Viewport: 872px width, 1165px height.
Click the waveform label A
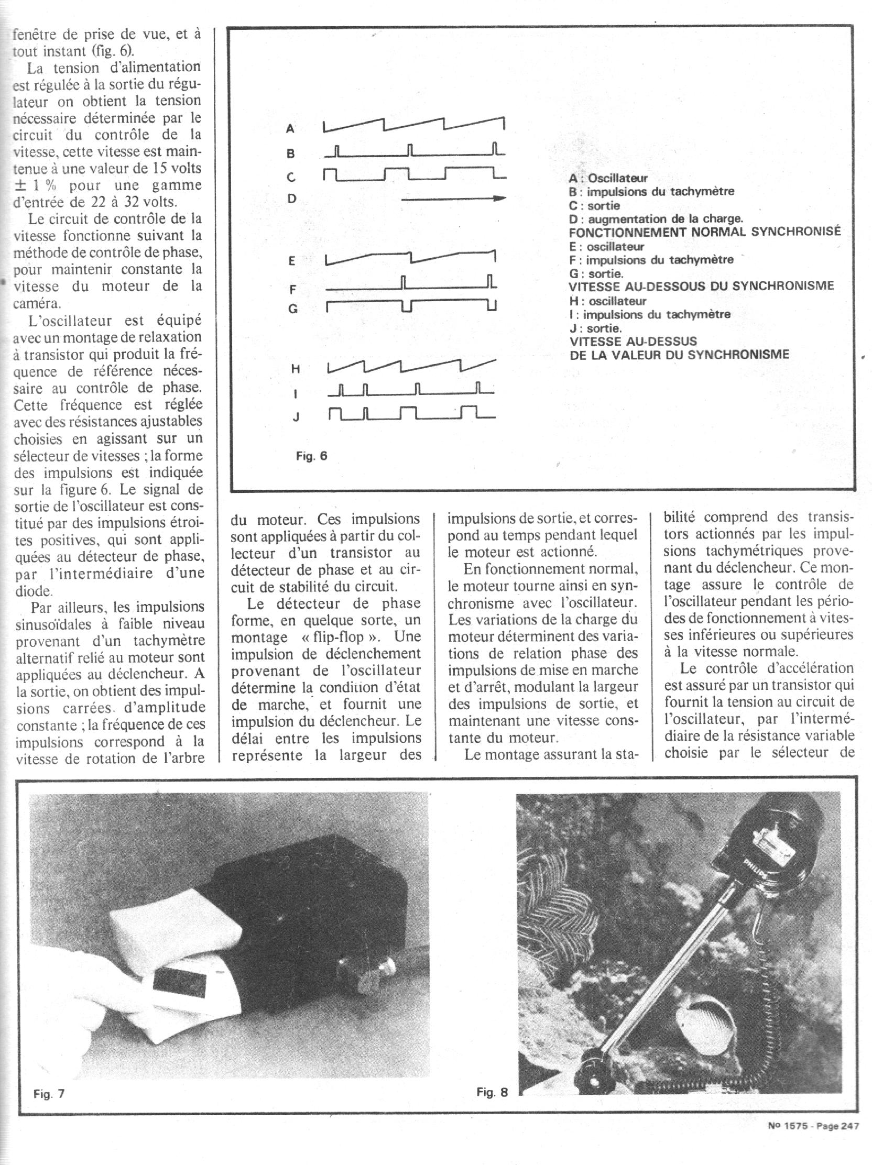click(290, 128)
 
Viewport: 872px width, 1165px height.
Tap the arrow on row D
click(453, 199)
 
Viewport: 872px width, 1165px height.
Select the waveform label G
click(292, 309)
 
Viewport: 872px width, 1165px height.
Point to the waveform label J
click(296, 417)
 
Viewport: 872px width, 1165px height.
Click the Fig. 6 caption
click(311, 456)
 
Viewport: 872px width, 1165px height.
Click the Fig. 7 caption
click(49, 1094)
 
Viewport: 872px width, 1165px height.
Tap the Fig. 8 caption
click(492, 1092)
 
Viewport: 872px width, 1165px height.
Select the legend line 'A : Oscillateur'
click(608, 179)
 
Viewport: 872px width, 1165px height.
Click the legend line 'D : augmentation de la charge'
click(656, 218)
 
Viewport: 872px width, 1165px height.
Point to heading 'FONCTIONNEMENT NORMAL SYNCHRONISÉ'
click(704, 232)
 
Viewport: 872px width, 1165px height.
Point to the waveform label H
click(296, 369)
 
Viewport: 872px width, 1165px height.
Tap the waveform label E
click(291, 261)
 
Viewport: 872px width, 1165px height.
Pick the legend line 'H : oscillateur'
click(608, 301)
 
